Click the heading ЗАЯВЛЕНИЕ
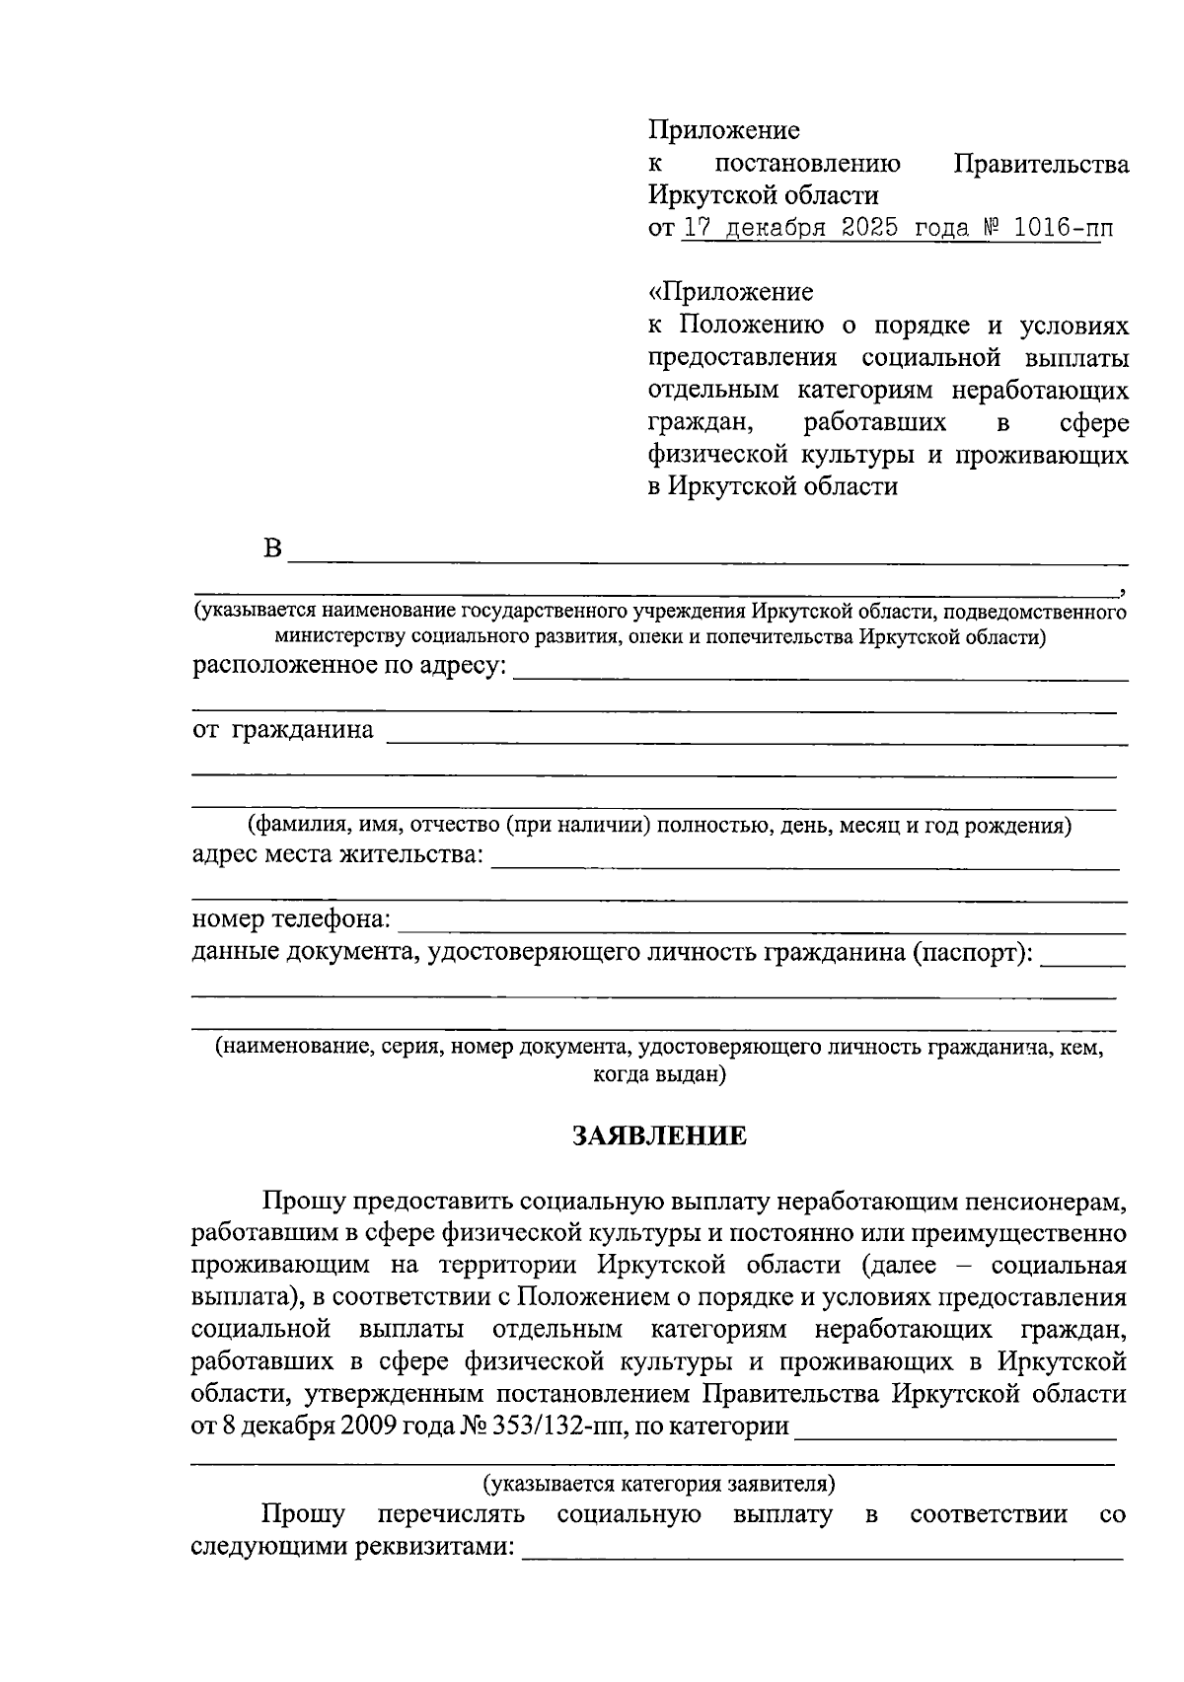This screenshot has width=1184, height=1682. (660, 1136)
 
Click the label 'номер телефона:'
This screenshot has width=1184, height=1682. (291, 919)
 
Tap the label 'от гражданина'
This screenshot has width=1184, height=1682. (283, 730)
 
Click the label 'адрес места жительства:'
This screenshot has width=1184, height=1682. (338, 854)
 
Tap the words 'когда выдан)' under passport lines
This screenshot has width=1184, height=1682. (659, 1074)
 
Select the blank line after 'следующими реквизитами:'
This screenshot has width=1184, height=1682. (821, 1556)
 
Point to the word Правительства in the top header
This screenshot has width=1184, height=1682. (1042, 164)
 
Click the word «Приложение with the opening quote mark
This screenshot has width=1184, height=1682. (731, 292)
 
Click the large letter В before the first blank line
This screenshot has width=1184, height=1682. (273, 548)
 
